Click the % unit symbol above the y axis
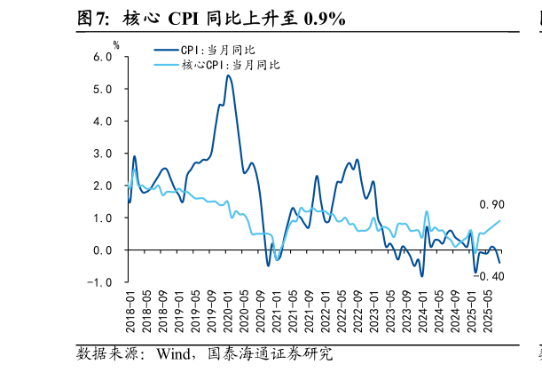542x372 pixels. pos(115,44)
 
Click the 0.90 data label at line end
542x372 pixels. pos(491,205)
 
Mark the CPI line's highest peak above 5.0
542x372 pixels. pos(228,75)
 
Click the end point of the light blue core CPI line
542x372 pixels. pos(499,221)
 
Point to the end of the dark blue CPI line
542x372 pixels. pos(499,263)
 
